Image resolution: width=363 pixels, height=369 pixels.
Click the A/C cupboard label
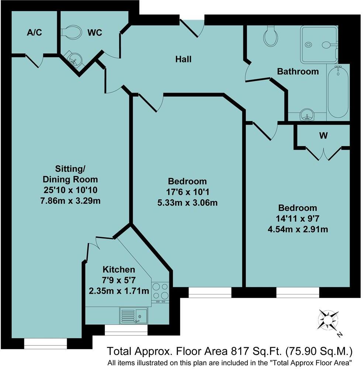[34, 32]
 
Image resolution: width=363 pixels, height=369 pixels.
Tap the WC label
[94, 32]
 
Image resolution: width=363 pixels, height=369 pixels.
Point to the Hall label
[183, 59]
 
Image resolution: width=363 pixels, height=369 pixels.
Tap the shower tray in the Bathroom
[319, 44]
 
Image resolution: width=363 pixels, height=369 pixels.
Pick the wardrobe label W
[323, 136]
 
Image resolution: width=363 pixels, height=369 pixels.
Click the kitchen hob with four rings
[160, 291]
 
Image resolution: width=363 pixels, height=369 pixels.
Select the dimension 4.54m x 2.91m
[298, 229]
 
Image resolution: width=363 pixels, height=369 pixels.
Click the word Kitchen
[119, 269]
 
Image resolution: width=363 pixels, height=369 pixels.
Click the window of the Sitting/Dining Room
[45, 344]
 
